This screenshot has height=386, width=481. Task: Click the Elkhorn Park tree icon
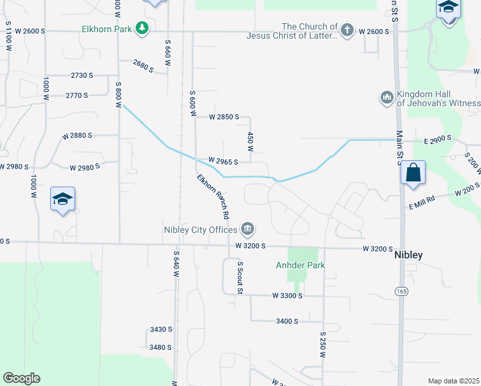point(142,28)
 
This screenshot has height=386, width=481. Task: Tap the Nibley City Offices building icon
point(248,229)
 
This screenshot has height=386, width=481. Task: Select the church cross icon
point(347,30)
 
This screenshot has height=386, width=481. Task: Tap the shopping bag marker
point(413,173)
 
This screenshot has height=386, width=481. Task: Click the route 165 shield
point(400,291)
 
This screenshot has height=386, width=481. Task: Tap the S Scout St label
point(240,277)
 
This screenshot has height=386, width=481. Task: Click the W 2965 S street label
point(223,161)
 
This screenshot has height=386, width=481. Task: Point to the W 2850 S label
point(224,117)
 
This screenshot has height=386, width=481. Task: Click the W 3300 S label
point(287,295)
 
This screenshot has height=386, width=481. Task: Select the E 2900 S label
point(437,139)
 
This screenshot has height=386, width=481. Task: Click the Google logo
point(21,378)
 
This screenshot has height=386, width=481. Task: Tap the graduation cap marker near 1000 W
point(62,199)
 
